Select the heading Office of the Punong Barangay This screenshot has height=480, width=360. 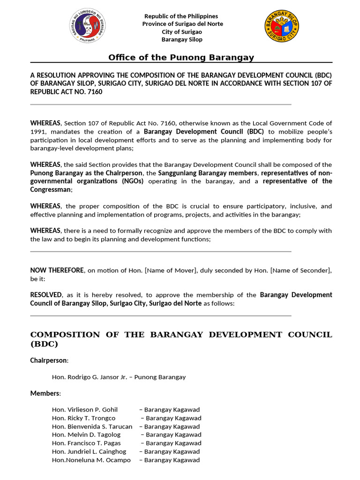tap(181, 57)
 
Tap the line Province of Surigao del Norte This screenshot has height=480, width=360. tap(182, 24)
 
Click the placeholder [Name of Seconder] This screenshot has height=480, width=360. tap(301, 270)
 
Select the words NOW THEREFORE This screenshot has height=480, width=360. tap(57, 270)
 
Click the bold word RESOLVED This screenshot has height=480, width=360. tap(46, 295)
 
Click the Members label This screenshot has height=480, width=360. tap(45, 393)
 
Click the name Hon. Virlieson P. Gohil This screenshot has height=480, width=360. tap(85, 409)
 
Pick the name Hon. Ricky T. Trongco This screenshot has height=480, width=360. tap(83, 418)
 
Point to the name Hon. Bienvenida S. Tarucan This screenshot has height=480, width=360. tap(92, 426)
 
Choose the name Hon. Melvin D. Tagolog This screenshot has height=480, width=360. tap(86, 435)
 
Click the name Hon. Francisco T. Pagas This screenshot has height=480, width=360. tap(86, 443)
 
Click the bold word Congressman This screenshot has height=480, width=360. tap(51, 189)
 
